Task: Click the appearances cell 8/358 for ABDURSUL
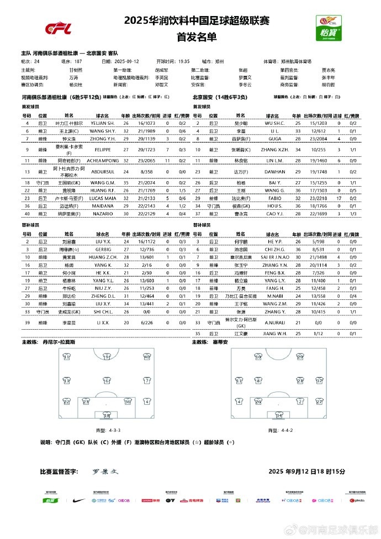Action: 145,172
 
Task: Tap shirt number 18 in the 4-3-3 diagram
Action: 107,415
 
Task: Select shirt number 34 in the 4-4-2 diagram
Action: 279,415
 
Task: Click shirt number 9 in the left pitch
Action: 107,357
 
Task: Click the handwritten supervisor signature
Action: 105,472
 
